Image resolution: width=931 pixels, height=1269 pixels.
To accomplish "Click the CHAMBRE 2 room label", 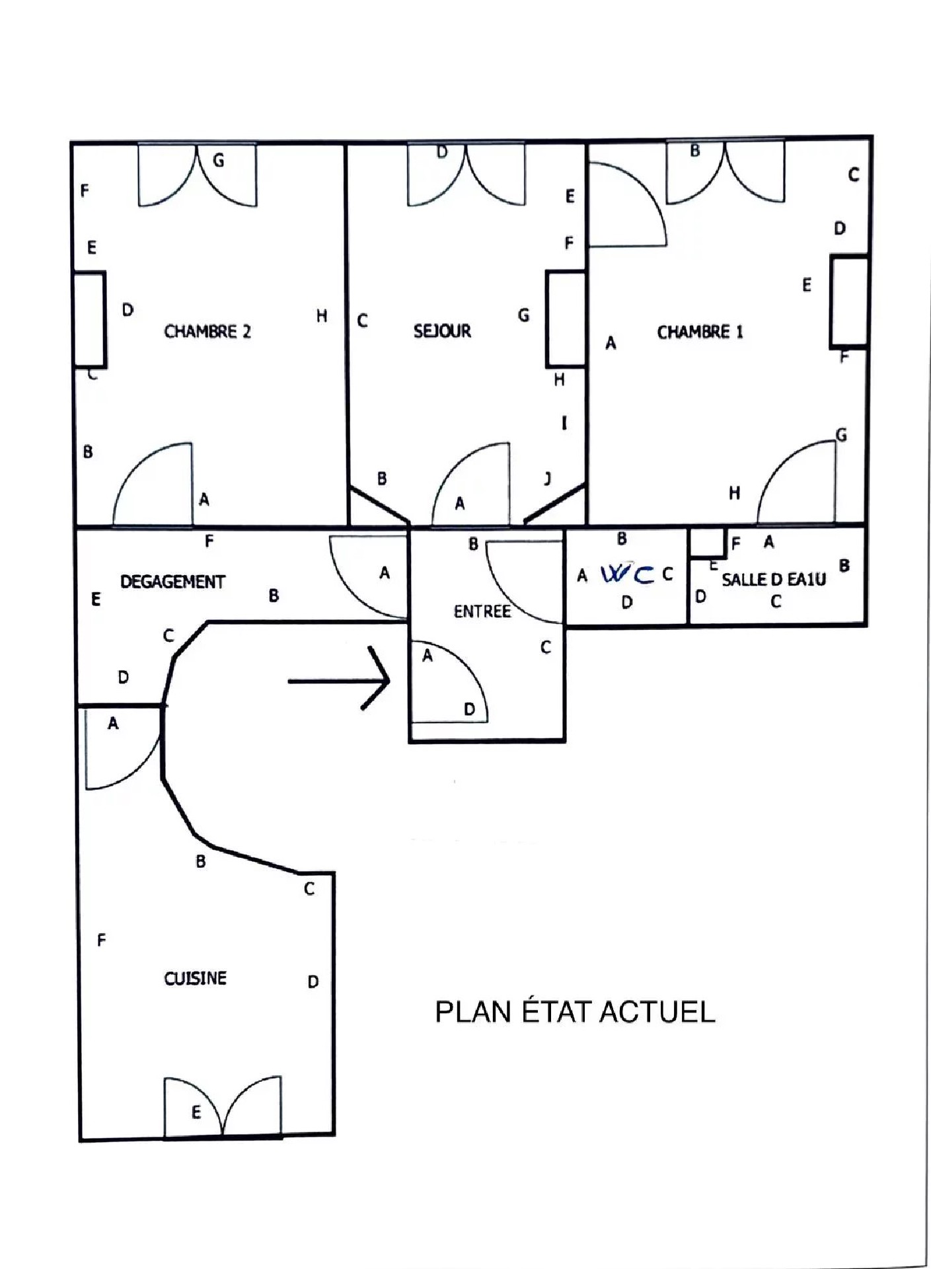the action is tap(207, 331).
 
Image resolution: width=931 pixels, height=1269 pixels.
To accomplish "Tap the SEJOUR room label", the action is tap(442, 330).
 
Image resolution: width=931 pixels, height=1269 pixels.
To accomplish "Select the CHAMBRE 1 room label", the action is tap(700, 331).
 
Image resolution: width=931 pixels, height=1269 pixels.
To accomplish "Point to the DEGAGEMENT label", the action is tap(172, 582).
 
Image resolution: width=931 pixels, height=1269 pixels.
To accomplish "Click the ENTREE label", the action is tap(482, 611).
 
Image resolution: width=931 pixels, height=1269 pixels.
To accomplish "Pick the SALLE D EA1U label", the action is tap(774, 580).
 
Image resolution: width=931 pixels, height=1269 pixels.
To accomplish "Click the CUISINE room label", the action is tap(195, 978).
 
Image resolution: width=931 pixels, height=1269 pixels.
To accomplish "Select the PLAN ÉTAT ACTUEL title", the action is tap(575, 1012).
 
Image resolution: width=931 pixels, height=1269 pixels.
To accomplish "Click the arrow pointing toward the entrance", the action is tap(339, 679).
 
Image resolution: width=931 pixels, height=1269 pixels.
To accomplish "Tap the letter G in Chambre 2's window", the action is tap(218, 161).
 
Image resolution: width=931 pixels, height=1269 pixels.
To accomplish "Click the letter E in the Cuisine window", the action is tap(196, 1112).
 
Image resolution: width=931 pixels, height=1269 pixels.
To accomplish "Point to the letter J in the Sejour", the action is tap(548, 479).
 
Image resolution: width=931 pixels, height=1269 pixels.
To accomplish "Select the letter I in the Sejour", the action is tap(564, 423).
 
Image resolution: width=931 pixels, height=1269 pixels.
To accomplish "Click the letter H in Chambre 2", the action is tap(322, 316).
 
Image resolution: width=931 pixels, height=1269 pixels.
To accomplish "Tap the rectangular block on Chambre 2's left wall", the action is tap(89, 319).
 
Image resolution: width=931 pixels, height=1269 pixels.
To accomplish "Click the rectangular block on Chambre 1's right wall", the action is tap(849, 301).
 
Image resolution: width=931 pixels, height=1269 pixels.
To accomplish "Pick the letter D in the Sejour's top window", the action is tap(442, 152).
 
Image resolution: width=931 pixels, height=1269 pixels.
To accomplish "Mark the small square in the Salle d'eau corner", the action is tap(708, 542).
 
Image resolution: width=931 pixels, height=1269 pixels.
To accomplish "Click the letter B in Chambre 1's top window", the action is tap(695, 151).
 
